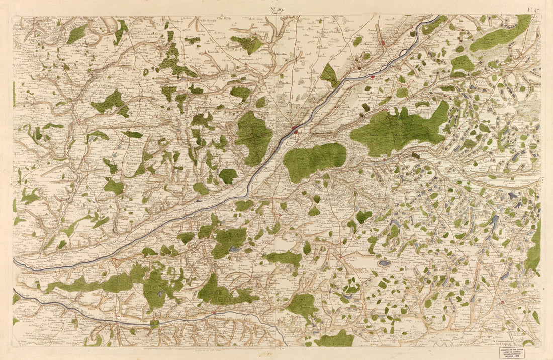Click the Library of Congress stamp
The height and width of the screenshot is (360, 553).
click(511, 352)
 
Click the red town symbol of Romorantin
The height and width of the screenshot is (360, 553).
click(502, 302)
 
